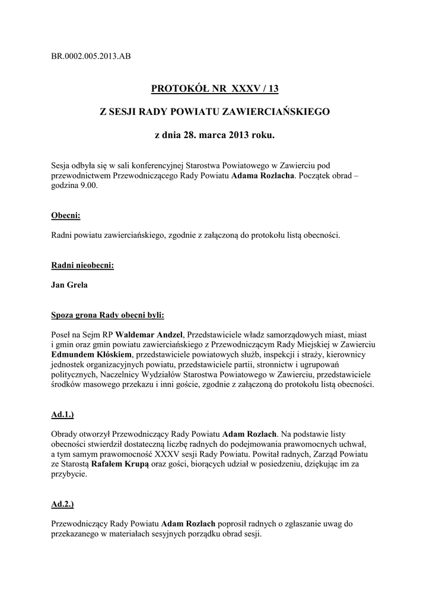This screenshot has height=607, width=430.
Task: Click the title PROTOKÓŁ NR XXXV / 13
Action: tap(215, 89)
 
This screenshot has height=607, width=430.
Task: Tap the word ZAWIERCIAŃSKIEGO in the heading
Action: tap(275, 112)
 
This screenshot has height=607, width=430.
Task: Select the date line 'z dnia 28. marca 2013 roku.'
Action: tap(215, 136)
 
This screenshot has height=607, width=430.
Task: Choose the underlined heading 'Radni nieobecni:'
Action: tap(82, 265)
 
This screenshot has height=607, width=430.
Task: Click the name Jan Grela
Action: tap(70, 285)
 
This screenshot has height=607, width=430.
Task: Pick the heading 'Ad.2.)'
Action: tap(64, 504)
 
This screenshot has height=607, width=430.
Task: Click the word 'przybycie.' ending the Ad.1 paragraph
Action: tap(71, 475)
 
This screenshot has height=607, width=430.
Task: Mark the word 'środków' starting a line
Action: tap(67, 384)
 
